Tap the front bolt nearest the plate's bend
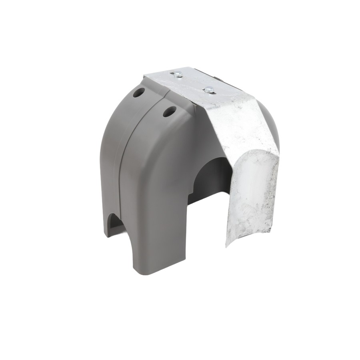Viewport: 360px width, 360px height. tap(208, 90)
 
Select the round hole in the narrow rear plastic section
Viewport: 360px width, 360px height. tap(139, 93)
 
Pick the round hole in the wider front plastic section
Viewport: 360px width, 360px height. tap(169, 112)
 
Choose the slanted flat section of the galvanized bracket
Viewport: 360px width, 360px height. tap(236, 124)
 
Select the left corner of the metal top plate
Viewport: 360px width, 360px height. tap(145, 76)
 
